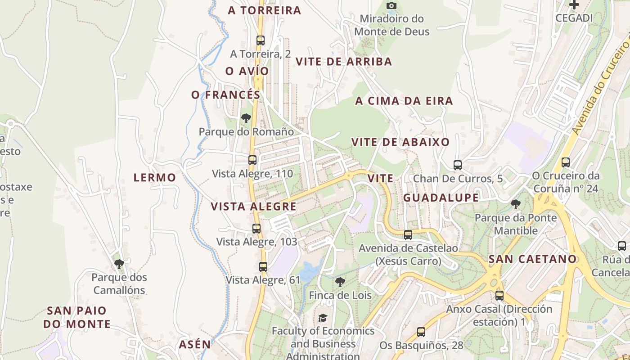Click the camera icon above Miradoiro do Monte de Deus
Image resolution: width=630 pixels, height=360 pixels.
(x=391, y=6)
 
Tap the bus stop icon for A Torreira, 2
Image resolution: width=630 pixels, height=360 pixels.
(x=261, y=40)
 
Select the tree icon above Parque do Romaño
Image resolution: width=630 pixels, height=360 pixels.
(x=246, y=118)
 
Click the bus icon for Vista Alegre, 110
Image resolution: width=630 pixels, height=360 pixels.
(x=252, y=160)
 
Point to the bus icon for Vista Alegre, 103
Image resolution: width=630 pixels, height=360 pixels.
(x=256, y=228)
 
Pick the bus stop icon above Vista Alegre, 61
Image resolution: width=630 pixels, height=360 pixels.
(x=263, y=266)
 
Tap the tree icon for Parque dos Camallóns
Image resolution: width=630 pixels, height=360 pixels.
(x=119, y=264)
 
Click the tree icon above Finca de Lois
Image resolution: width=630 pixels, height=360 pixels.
(x=340, y=282)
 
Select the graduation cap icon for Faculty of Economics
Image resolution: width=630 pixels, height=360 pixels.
(x=323, y=318)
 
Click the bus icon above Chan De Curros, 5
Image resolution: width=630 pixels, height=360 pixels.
(x=458, y=165)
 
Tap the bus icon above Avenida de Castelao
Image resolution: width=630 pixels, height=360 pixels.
(x=408, y=234)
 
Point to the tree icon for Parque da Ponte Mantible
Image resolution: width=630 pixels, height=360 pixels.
(x=516, y=204)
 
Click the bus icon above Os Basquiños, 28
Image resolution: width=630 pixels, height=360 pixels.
(x=421, y=332)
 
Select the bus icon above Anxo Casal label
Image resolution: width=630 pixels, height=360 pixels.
(x=499, y=295)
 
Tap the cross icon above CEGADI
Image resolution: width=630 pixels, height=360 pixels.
(x=574, y=5)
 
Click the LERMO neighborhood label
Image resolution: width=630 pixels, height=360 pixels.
(x=155, y=178)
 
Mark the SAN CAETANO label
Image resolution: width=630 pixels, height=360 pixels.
(x=532, y=259)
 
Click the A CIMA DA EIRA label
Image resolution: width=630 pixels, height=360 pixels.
(x=404, y=101)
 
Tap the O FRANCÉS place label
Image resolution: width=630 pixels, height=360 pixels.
(x=226, y=95)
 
